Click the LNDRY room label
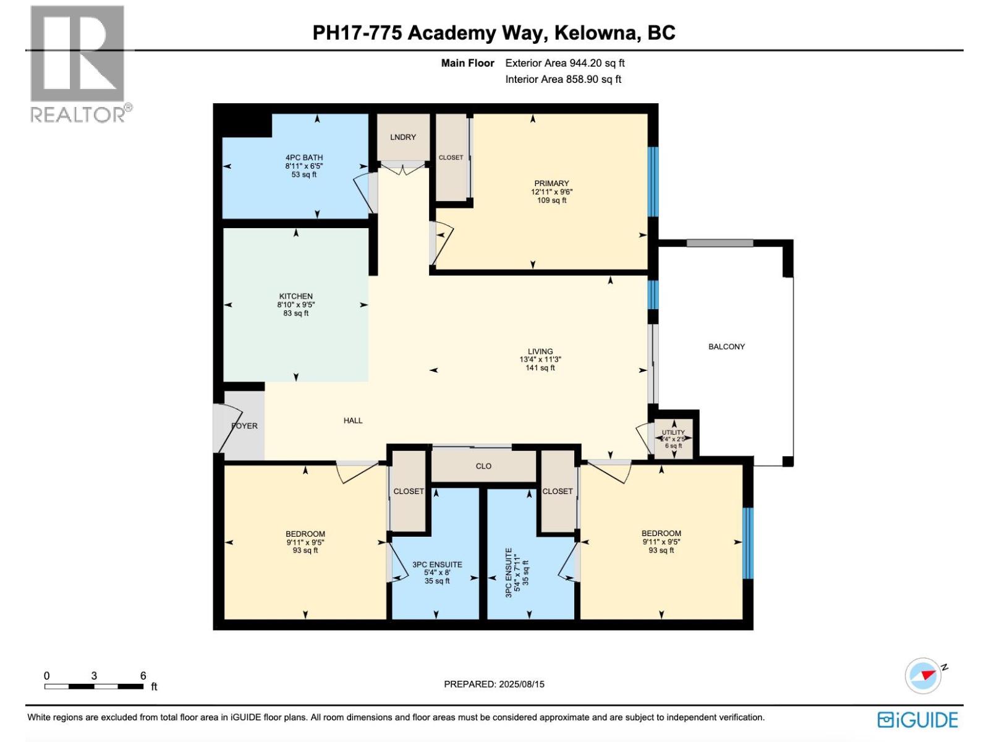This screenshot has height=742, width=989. click(403, 137)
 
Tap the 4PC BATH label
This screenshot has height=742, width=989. click(304, 158)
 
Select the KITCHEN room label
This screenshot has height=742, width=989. click(295, 296)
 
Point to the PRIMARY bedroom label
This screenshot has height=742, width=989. click(551, 183)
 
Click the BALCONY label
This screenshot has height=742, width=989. click(726, 347)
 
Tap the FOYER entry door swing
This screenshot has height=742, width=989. click(225, 427)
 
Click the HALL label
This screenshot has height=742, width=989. click(353, 420)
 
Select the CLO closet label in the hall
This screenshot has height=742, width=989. click(483, 466)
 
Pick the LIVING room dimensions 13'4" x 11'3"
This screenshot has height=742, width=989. click(540, 360)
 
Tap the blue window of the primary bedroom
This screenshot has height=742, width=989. click(653, 181)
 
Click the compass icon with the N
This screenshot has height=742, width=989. click(923, 675)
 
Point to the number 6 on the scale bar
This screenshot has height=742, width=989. click(143, 676)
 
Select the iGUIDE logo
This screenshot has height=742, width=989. click(917, 720)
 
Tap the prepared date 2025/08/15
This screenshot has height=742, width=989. click(521, 684)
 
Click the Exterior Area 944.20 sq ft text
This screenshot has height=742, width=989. click(564, 63)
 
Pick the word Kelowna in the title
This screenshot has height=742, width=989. click(597, 33)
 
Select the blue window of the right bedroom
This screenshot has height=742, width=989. click(747, 543)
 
